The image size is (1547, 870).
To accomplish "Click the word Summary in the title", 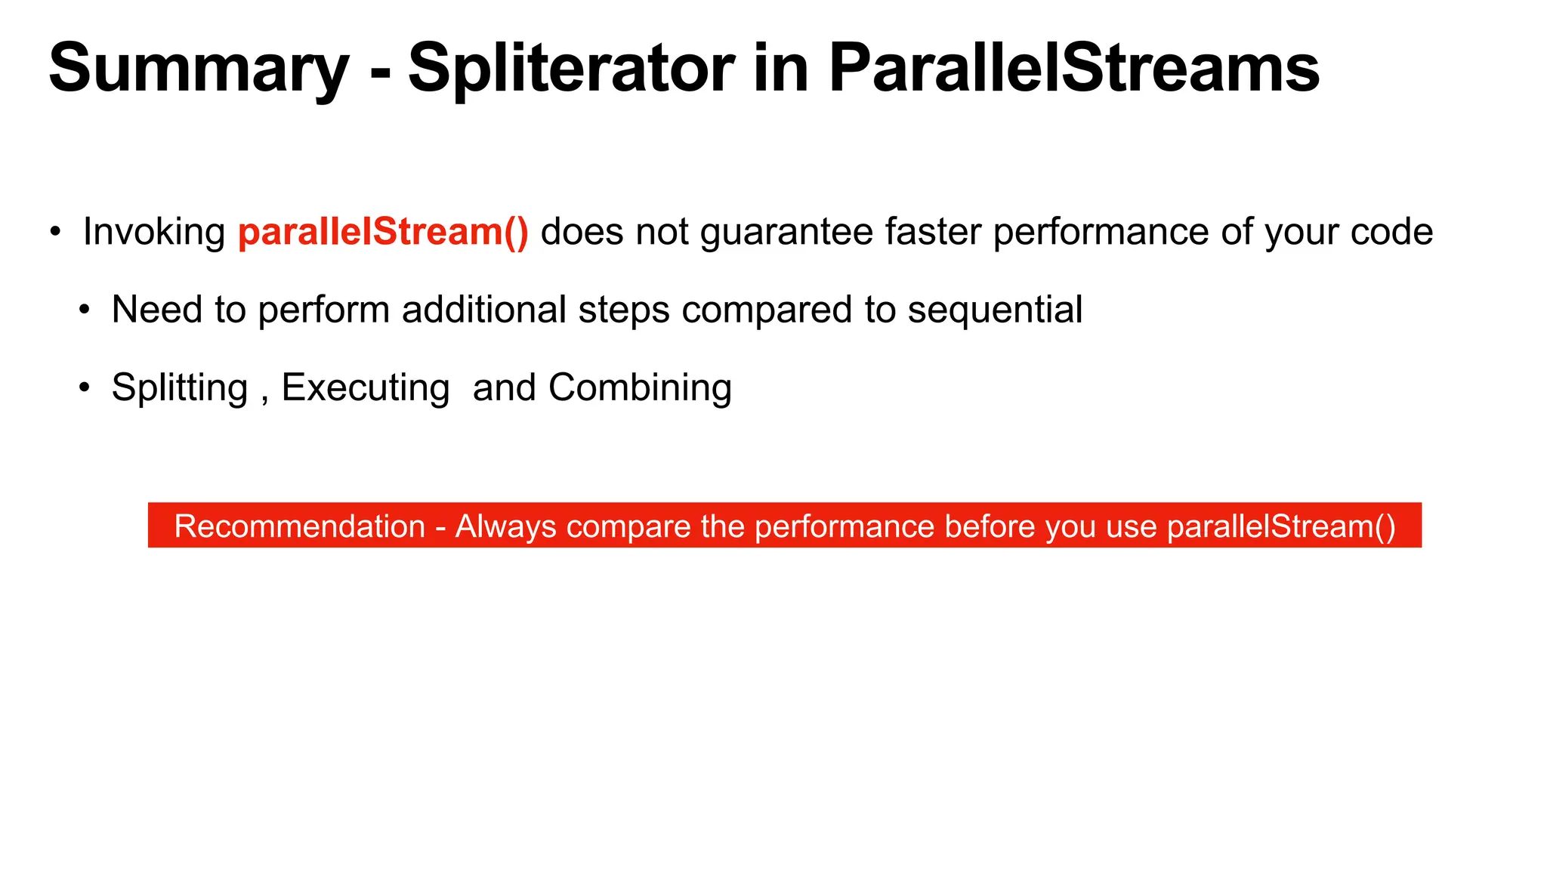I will click(x=198, y=70).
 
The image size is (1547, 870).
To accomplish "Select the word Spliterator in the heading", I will click(x=571, y=70).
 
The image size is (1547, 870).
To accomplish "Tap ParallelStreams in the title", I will click(x=1073, y=69).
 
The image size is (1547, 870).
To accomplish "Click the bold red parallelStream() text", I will click(x=383, y=232).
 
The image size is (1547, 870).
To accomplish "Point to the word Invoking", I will click(x=154, y=233).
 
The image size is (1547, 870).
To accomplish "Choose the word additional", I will click(x=483, y=310).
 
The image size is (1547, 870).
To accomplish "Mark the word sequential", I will click(x=995, y=310).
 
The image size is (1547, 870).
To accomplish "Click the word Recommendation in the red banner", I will click(x=300, y=526).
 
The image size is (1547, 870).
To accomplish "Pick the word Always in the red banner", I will click(x=505, y=527).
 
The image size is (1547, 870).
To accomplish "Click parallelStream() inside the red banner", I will click(x=1281, y=526).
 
